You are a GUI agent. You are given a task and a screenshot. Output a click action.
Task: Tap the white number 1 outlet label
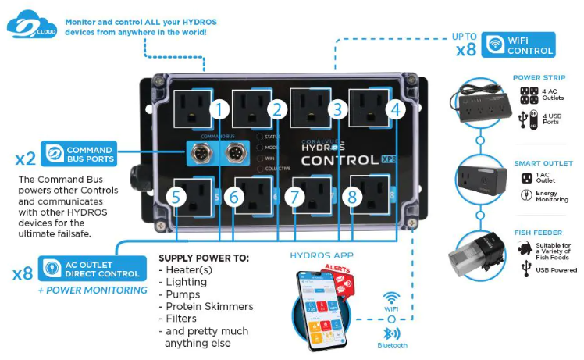pyautogui.click(x=220, y=109)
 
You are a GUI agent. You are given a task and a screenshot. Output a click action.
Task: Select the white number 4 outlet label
pyautogui.click(x=396, y=109)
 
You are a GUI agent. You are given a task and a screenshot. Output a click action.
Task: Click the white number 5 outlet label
pyautogui.click(x=176, y=198)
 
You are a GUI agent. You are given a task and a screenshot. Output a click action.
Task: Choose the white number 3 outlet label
pyautogui.click(x=337, y=109)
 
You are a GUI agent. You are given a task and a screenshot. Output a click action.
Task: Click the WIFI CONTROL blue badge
pyautogui.click(x=518, y=45)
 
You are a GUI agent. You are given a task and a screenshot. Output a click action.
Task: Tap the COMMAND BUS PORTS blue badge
pyautogui.click(x=79, y=154)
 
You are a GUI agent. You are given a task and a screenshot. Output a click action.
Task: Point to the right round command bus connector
pyautogui.click(x=233, y=154)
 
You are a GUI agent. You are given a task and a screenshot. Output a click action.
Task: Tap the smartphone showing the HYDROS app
pyautogui.click(x=322, y=309)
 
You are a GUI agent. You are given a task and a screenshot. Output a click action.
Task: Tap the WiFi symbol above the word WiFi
pyautogui.click(x=392, y=298)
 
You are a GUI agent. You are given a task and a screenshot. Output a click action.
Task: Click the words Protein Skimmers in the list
pyautogui.click(x=206, y=307)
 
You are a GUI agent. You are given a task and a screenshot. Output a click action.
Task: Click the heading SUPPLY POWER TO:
pyautogui.click(x=203, y=257)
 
